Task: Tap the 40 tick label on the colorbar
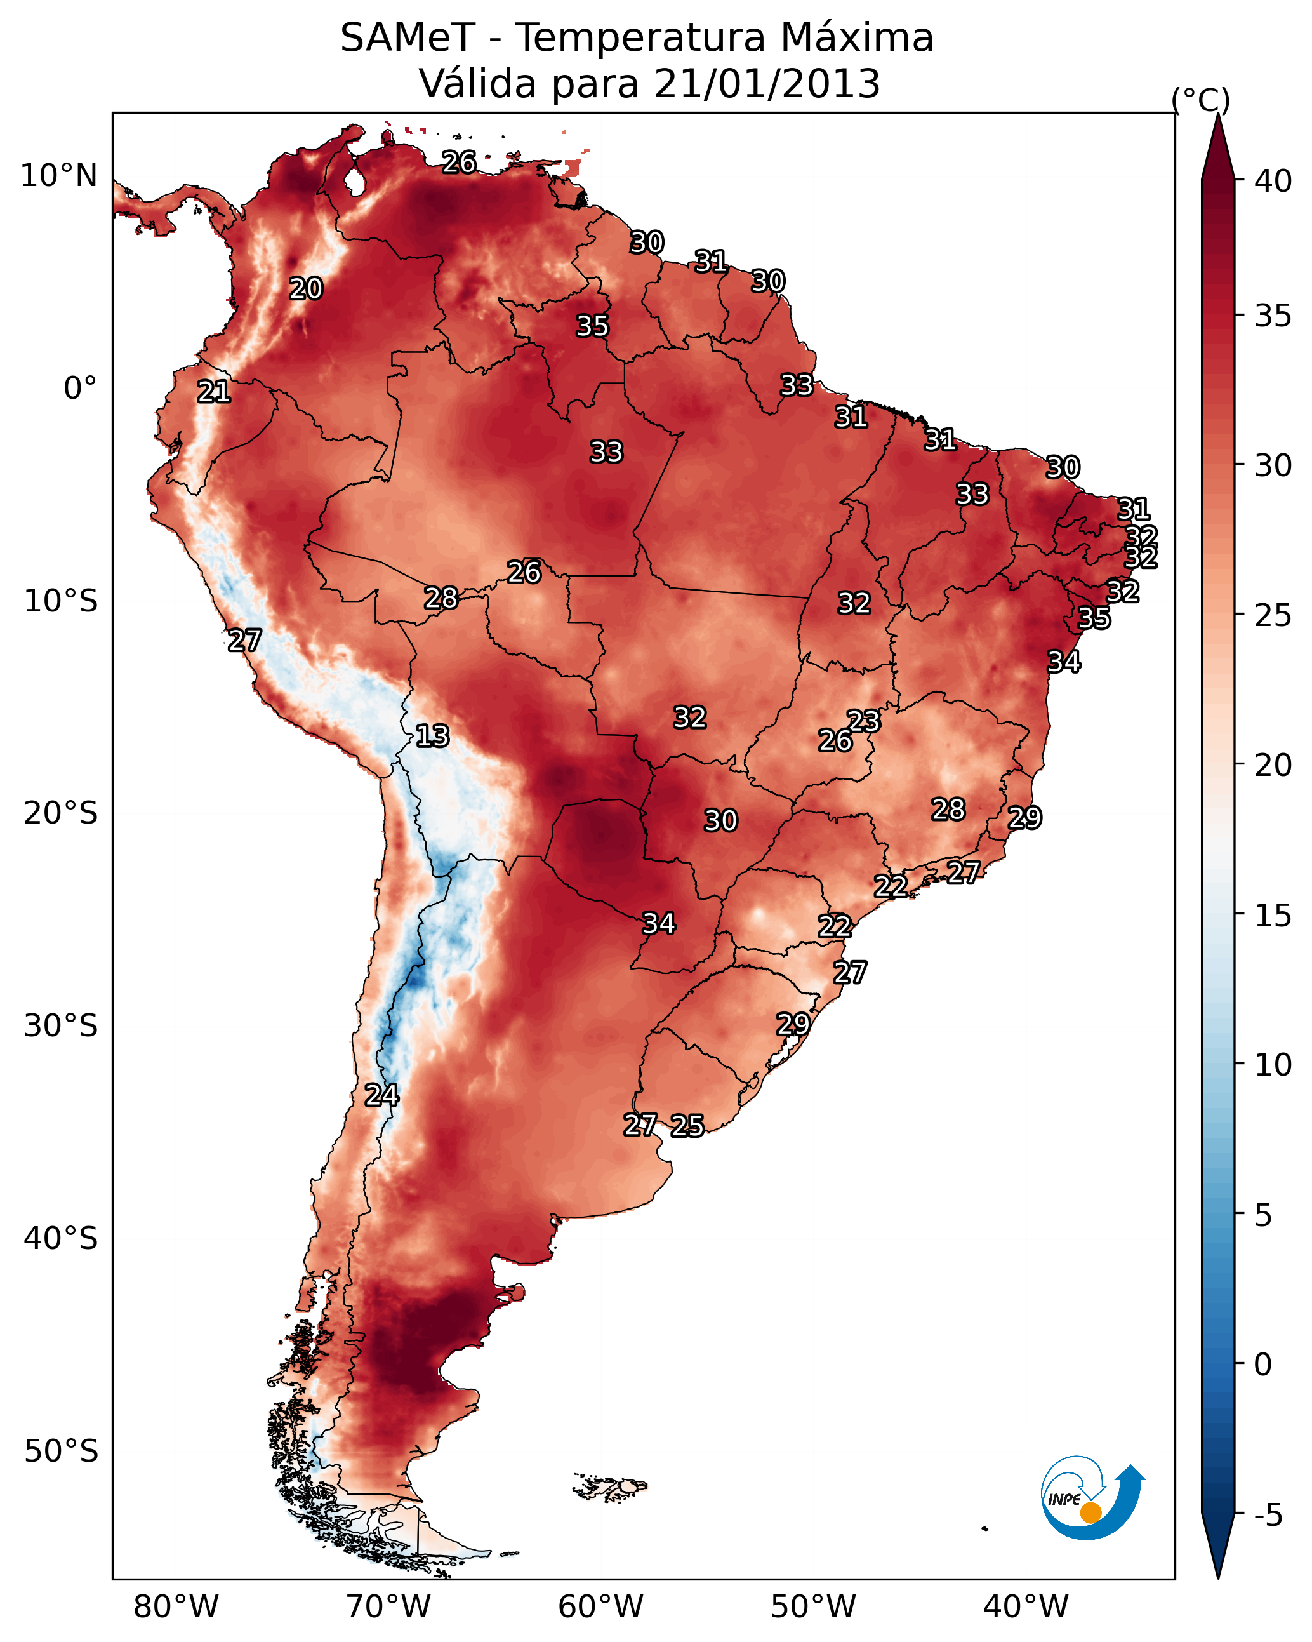1273,181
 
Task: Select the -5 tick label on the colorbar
1268,1515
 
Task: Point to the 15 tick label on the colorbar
1273,916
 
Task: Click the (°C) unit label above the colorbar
1201,100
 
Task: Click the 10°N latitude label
58,176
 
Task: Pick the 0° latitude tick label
80,389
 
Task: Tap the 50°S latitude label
61,1452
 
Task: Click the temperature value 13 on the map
432,736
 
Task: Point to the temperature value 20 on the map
306,289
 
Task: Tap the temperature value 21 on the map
214,392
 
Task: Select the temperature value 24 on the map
381,1095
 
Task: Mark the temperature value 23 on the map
863,721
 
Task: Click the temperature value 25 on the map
687,1125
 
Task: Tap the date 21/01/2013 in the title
767,84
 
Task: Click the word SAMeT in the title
408,38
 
